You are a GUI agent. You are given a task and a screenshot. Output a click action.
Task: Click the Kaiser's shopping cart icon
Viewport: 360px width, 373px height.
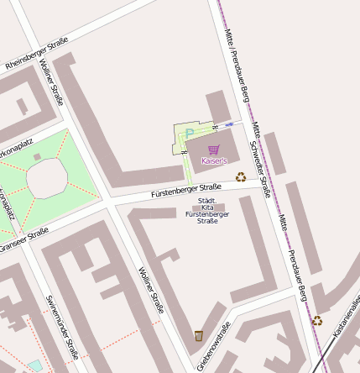click(x=213, y=150)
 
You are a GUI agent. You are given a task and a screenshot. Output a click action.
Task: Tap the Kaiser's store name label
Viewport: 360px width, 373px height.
click(x=214, y=160)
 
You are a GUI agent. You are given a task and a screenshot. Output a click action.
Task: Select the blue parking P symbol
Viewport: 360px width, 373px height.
click(x=189, y=133)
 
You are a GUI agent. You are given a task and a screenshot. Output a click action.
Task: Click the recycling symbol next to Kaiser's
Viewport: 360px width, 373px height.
click(x=241, y=177)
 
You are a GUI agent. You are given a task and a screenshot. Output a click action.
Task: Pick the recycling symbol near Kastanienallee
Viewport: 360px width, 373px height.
click(x=317, y=320)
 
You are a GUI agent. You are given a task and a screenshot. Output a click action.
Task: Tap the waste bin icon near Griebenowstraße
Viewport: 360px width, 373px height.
click(x=198, y=336)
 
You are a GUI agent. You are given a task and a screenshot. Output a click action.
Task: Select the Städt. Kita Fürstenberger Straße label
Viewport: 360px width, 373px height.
click(x=206, y=210)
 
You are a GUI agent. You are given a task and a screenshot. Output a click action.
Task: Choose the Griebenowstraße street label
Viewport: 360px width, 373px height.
click(x=214, y=346)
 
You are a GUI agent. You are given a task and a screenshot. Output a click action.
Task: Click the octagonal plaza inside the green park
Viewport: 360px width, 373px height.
click(x=46, y=177)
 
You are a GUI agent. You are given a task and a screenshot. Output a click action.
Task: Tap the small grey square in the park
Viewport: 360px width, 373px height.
click(x=37, y=156)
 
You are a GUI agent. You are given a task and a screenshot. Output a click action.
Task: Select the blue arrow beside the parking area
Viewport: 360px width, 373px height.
click(x=229, y=123)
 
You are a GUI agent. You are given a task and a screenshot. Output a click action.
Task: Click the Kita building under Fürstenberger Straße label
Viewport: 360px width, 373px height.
click(x=208, y=206)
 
